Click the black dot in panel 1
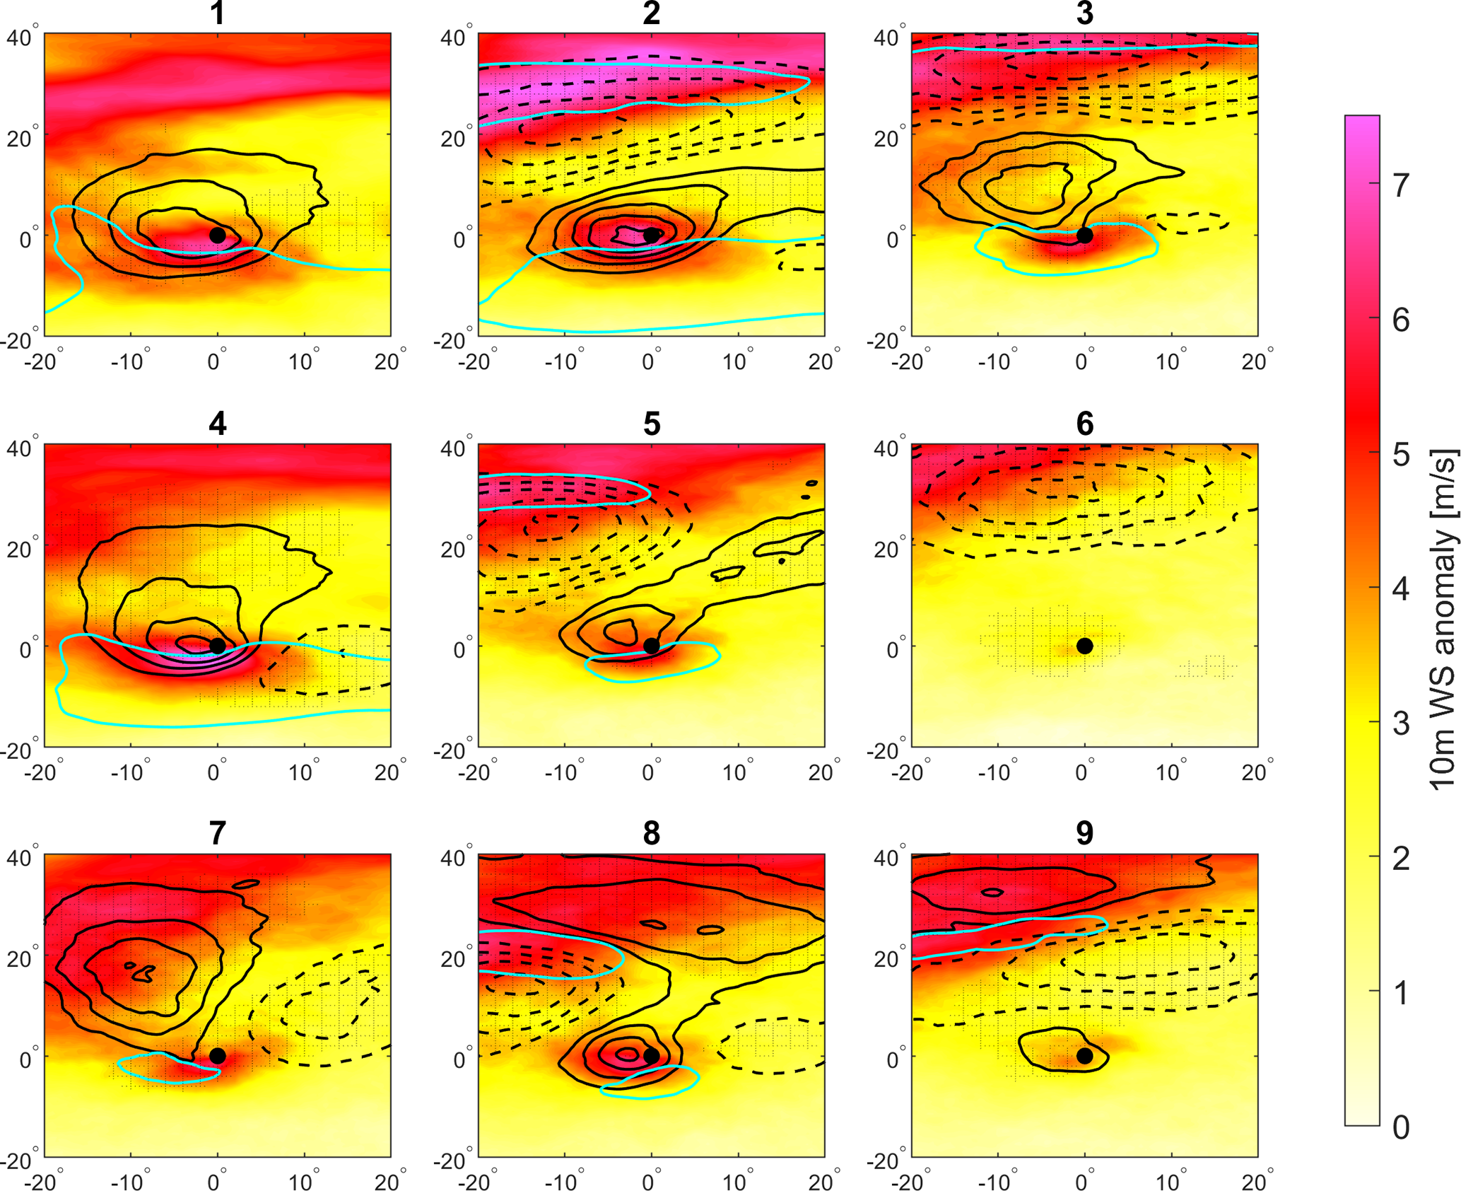(x=218, y=235)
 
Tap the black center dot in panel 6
(x=1084, y=646)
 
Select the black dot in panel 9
(x=1084, y=1056)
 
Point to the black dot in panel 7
(x=218, y=1056)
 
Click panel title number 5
(x=652, y=424)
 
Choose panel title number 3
(x=1084, y=13)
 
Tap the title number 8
(x=652, y=833)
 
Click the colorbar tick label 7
(x=1401, y=185)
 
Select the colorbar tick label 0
(x=1401, y=1127)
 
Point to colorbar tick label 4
(x=1401, y=588)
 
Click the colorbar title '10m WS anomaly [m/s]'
(x=1442, y=620)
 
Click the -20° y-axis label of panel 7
(x=18, y=1161)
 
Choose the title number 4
(x=218, y=424)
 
